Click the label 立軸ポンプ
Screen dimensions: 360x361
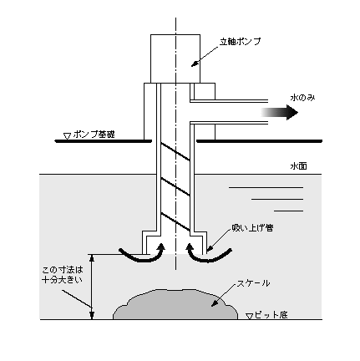pos(240,42)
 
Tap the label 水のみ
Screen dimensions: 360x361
pos(302,98)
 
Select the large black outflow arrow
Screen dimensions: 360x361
pos(279,112)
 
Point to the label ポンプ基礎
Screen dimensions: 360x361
pos(94,135)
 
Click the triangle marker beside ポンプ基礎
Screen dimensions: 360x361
pos(67,136)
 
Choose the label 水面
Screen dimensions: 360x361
pos(298,166)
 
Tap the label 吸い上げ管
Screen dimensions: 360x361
pos(252,228)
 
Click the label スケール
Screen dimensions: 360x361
pos(253,283)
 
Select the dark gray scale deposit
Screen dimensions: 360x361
pos(175,304)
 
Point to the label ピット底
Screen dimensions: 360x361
pos(271,315)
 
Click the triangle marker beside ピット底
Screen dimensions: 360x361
pos(250,316)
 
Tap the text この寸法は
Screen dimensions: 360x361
pos(63,270)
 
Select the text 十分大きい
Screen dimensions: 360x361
pos(63,279)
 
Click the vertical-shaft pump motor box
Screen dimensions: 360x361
pos(175,58)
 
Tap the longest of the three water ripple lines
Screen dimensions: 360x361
pos(266,187)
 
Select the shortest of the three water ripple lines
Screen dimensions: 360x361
pos(288,211)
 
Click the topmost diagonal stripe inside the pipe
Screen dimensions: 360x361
pos(175,152)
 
